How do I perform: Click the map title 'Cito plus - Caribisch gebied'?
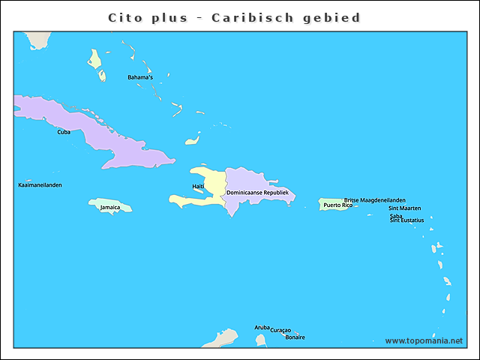234,17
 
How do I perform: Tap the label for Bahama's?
139,77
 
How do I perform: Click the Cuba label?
64,132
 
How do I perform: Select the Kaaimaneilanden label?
40,184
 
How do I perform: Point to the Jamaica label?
109,208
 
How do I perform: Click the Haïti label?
198,186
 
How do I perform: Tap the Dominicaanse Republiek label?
257,193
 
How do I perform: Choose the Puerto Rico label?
337,205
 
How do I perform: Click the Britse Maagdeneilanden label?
375,200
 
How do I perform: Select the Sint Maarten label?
404,208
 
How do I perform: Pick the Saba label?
396,216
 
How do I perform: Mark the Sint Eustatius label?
406,220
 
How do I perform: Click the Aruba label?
262,327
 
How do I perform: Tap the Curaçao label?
280,331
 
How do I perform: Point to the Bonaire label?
295,337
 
